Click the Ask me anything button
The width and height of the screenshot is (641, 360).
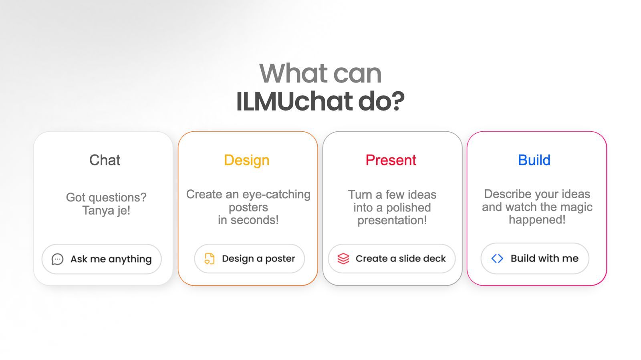(x=102, y=259)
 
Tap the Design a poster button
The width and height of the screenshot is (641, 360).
(x=249, y=259)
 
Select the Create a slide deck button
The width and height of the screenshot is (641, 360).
(x=391, y=259)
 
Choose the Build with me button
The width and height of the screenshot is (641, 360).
(x=535, y=259)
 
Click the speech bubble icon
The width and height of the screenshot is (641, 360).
(x=57, y=259)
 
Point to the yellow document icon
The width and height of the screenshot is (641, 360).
(x=209, y=259)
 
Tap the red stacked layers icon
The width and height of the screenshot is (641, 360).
(x=343, y=259)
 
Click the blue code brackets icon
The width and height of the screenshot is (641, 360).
(x=497, y=259)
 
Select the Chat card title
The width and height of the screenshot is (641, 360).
(x=105, y=160)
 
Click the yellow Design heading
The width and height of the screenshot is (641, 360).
(x=247, y=161)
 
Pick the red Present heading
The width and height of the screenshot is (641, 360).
(x=391, y=160)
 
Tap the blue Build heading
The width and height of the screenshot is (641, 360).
(x=534, y=160)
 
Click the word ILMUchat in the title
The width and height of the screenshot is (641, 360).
(x=294, y=101)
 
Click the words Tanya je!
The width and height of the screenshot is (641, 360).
(x=106, y=211)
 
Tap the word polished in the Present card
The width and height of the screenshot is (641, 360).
(x=408, y=208)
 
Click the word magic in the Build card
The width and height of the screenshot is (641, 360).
(x=576, y=207)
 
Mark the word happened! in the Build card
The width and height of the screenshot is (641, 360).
(x=537, y=219)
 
